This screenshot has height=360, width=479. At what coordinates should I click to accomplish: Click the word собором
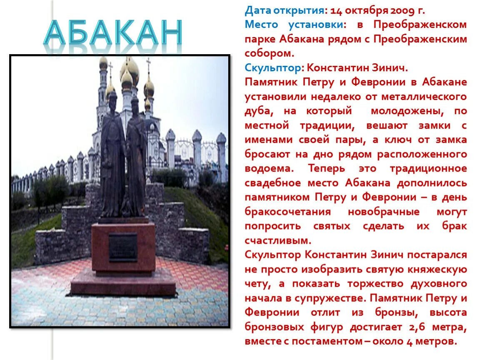point(269,53)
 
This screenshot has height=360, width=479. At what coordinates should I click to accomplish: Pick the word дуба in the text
point(258,111)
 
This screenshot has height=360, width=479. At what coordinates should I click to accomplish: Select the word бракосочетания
point(288,212)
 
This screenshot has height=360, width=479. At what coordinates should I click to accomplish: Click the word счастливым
point(278,240)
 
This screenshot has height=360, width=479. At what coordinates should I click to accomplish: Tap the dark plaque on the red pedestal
point(123,247)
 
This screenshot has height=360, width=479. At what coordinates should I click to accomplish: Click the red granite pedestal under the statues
point(123,262)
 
